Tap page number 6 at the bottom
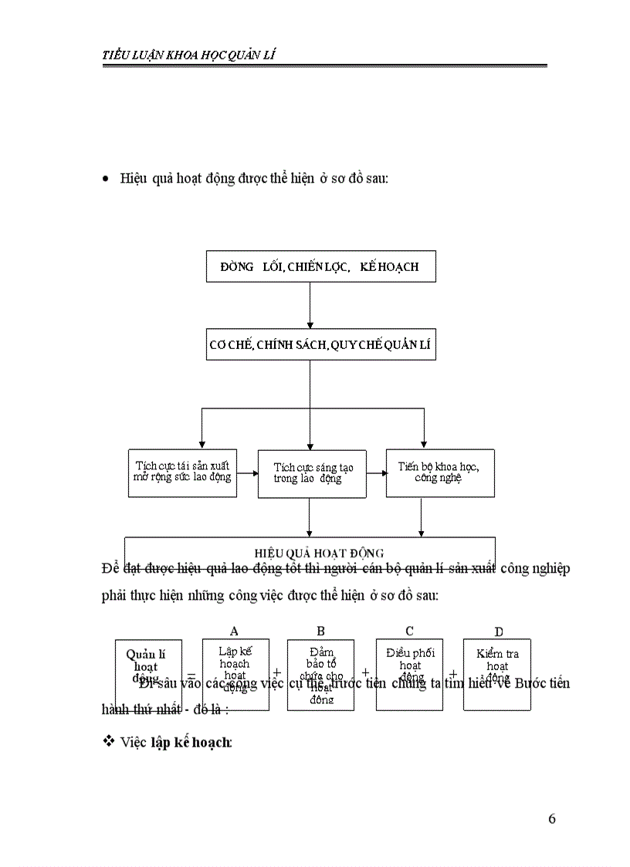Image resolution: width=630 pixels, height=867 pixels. coord(551,819)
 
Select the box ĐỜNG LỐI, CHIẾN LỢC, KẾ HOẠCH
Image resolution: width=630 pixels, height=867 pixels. coord(320,266)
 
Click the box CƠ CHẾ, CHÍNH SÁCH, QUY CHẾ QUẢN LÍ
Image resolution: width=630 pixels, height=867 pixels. coord(320,345)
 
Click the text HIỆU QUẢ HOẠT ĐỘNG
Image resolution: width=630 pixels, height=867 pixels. coord(319,552)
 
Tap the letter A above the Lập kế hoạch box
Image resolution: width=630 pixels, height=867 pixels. coord(234,631)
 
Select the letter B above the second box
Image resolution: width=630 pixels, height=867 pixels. coord(321,631)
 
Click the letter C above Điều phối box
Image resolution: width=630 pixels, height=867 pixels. coord(409,631)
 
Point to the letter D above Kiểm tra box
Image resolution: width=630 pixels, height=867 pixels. coord(499,632)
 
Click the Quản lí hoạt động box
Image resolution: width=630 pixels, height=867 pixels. coord(148,673)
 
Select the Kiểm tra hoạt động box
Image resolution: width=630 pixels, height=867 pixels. coord(496,673)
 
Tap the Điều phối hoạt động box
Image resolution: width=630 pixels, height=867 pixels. coord(409,673)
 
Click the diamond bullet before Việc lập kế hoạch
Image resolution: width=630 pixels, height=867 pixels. coord(108,741)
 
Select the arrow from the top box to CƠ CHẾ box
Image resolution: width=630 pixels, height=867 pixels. coord(310,305)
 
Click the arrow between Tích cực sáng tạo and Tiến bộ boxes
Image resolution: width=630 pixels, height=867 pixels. coord(376,472)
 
